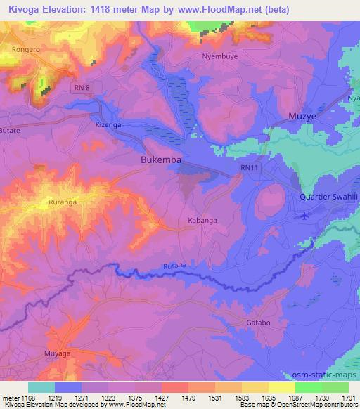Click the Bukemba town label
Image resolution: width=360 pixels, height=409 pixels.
click(x=161, y=160)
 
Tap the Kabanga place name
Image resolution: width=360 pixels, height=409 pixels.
click(x=203, y=221)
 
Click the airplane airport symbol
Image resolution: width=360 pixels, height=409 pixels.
click(x=304, y=216)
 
